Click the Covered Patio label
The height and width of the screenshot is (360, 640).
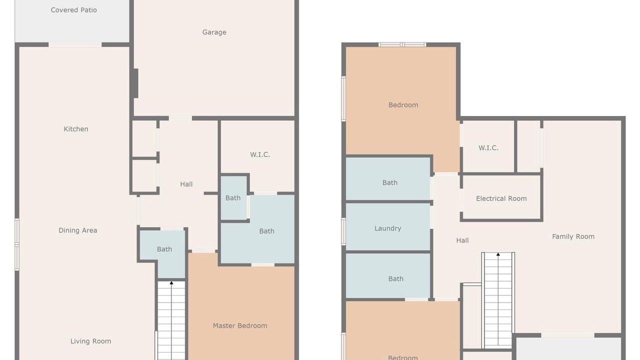73,10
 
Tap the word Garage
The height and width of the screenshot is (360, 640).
214,32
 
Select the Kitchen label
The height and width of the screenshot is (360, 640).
76,129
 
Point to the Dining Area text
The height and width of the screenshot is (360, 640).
77,230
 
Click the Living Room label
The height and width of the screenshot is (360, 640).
91,341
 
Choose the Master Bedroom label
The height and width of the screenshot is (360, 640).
240,325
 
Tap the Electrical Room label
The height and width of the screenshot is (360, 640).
501,198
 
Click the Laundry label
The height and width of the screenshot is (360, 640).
387,228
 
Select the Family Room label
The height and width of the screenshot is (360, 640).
573,236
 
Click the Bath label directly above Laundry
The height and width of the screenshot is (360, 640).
389,182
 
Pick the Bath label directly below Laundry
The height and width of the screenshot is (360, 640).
395,278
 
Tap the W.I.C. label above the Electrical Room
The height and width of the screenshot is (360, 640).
488,148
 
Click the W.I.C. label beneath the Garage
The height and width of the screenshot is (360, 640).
259,154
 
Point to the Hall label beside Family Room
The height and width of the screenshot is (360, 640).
462,240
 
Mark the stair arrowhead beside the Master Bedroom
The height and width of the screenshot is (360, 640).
171,283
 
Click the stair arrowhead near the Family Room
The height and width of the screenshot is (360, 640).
498,254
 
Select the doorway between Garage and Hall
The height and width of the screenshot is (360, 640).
180,118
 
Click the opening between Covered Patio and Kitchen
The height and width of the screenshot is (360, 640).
75,44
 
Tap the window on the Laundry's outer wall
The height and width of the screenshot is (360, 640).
343,231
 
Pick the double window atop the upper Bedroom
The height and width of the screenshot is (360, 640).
402,44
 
